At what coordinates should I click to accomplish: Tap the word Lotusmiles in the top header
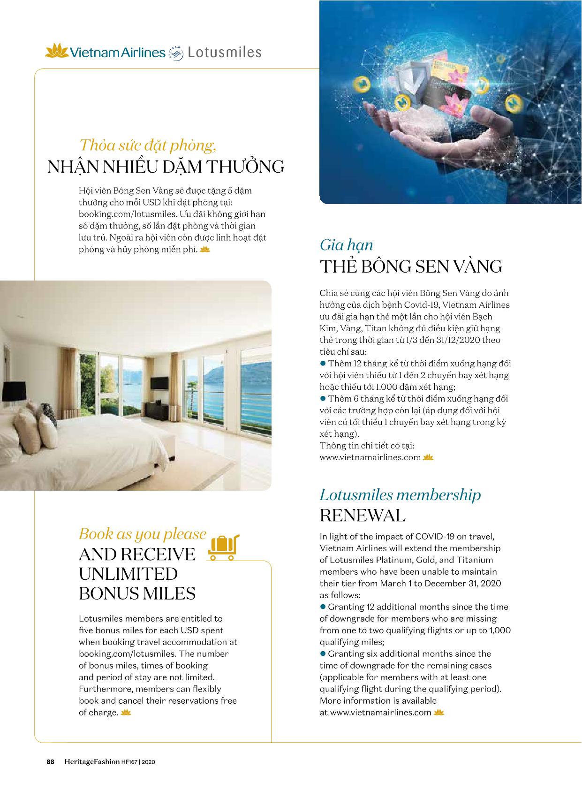pos(224,52)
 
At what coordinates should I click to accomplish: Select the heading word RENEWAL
pos(363,516)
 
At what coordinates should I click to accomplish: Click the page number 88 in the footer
pos(50,762)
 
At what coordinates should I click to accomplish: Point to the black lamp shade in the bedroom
pos(15,389)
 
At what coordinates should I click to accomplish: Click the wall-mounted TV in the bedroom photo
pos(159,383)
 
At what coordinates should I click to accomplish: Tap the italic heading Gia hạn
pos(346,244)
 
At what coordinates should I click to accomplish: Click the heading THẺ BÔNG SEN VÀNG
pos(411,266)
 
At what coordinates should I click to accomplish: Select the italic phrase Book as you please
pos(143,534)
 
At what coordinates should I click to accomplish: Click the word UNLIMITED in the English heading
pos(128,574)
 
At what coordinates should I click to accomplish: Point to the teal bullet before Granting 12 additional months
pos(323,607)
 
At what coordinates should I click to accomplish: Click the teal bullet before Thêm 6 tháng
pos(323,399)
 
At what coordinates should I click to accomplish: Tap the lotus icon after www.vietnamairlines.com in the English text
pos(439,713)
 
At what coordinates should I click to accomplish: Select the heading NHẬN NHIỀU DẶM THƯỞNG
pos(166,167)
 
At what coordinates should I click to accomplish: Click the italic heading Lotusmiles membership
pos(400,495)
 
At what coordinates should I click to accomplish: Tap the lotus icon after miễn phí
pos(205,250)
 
